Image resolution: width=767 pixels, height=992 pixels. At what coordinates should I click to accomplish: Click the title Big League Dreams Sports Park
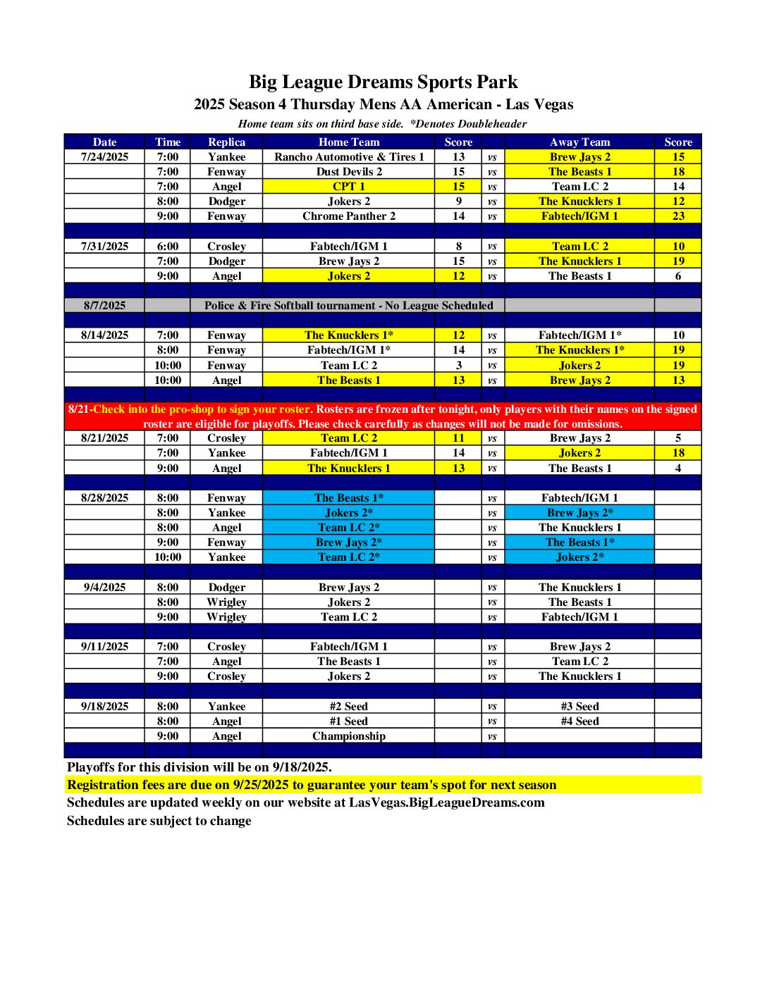(x=383, y=82)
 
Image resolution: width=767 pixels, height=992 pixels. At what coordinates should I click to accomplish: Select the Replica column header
(x=226, y=142)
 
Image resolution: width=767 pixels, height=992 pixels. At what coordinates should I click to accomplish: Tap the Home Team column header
(x=348, y=142)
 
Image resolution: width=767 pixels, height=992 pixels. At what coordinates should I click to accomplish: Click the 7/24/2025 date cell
(x=104, y=157)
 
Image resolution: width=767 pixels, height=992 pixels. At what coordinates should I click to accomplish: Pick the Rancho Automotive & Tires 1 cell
(x=349, y=157)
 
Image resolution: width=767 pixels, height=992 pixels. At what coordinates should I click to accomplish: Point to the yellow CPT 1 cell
(x=349, y=187)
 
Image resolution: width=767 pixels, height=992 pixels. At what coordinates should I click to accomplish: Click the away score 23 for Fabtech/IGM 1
(x=677, y=216)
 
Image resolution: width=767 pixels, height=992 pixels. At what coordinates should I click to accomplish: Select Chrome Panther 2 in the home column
(x=349, y=216)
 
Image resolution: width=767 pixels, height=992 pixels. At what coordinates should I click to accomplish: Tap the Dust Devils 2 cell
(x=349, y=172)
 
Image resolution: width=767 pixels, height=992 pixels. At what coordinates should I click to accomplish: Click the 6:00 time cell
(x=168, y=247)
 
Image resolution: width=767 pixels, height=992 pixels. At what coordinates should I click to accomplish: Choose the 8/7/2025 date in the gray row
(x=104, y=306)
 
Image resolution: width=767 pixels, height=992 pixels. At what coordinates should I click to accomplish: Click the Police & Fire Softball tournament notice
(x=348, y=306)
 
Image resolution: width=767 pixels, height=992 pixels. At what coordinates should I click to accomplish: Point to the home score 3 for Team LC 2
(x=458, y=366)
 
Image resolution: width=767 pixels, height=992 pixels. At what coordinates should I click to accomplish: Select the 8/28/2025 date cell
(x=104, y=498)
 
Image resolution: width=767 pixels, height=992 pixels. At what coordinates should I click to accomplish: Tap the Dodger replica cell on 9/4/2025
(x=226, y=588)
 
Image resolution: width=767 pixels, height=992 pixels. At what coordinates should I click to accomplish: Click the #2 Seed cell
(x=349, y=707)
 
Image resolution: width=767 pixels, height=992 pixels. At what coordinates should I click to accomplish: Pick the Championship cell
(x=349, y=736)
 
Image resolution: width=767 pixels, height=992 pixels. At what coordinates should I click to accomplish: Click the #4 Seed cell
(x=579, y=721)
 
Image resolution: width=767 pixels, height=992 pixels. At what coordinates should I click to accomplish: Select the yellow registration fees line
(x=312, y=785)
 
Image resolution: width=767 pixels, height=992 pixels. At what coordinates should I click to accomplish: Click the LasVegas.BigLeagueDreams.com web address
(x=446, y=802)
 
